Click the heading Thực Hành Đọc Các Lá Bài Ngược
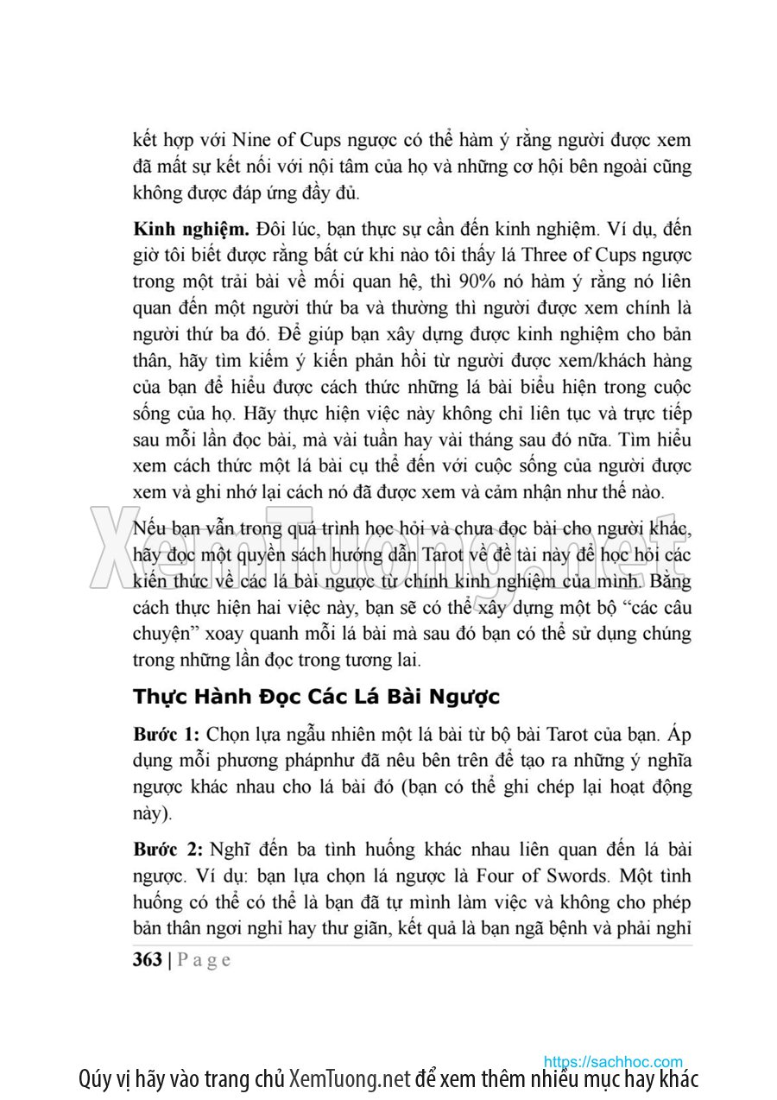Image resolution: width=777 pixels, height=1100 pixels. [316, 696]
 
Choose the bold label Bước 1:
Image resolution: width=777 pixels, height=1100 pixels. [167, 735]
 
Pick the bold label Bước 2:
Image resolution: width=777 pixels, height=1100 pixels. [167, 849]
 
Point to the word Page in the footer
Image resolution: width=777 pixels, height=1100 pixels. [205, 960]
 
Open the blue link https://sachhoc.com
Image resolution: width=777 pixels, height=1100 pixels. [612, 1061]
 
